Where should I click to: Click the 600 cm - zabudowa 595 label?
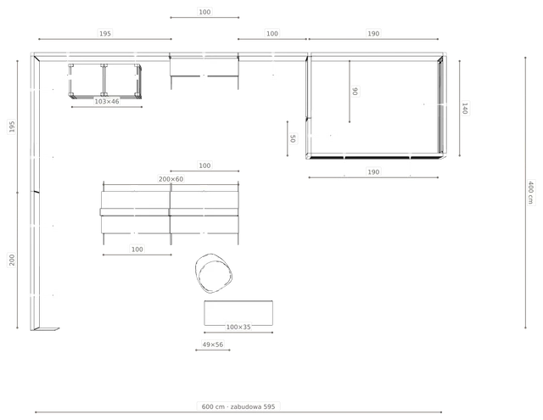tap(238, 406)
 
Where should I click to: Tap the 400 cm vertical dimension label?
tap(530, 192)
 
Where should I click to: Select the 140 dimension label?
tap(465, 108)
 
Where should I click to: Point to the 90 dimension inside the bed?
tap(355, 91)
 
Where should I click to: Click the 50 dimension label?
tap(293, 138)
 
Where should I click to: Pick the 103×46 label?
tap(107, 102)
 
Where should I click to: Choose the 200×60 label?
tap(171, 179)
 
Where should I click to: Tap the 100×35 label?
tap(238, 327)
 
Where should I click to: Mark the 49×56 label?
tap(213, 344)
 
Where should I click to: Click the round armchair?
tap(213, 273)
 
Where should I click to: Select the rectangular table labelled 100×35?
tap(238, 313)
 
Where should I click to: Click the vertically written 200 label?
tap(12, 260)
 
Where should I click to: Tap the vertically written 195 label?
tap(12, 126)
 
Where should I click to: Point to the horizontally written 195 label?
tap(105, 34)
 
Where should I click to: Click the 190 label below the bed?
tap(373, 172)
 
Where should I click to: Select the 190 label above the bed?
tap(373, 34)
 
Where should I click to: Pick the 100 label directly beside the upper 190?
tap(272, 34)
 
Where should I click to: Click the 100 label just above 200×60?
tap(204, 165)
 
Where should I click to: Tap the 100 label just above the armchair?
tap(137, 249)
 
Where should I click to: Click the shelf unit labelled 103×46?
tap(105, 81)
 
